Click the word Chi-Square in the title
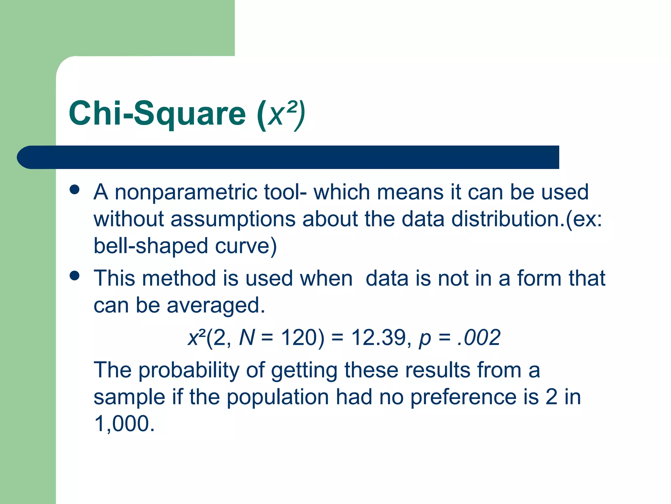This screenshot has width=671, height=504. pyautogui.click(x=157, y=114)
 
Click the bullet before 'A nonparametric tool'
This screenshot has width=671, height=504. pyautogui.click(x=75, y=190)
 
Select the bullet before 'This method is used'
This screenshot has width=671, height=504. pyautogui.click(x=75, y=276)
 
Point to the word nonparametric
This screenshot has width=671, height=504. pyautogui.click(x=186, y=193)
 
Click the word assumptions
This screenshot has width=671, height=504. pyautogui.click(x=233, y=219)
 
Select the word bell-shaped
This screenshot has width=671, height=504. pyautogui.click(x=151, y=246)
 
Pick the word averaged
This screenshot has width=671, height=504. pyautogui.click(x=216, y=305)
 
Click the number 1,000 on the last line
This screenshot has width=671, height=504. pyautogui.click(x=124, y=424)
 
